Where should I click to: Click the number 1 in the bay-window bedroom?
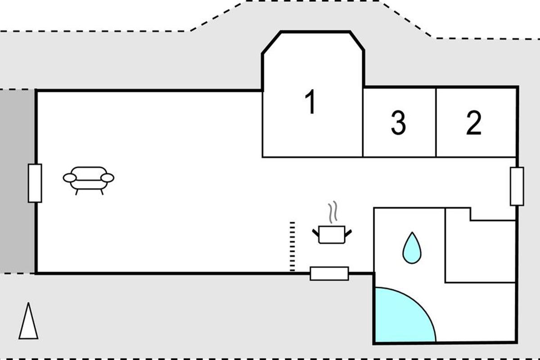coord(310,101)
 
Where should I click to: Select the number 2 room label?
coord(474,122)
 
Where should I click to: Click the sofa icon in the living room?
coord(89,180)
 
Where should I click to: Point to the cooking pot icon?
coord(332,234)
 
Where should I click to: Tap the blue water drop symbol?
coord(412,247)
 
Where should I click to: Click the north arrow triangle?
coord(28,321)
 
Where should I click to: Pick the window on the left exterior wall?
coord(35,183)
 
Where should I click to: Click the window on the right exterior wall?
coord(517,186)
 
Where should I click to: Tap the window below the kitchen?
coord(329,274)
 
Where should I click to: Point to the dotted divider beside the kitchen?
coord(292,247)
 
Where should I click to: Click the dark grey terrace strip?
coord(17,181)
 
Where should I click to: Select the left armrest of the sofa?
coord(70,178)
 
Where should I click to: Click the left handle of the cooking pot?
coord(315,233)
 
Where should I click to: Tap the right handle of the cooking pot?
coord(348,233)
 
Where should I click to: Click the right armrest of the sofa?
coord(107,178)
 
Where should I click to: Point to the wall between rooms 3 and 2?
coord(436,122)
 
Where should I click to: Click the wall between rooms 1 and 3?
coord(363,122)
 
